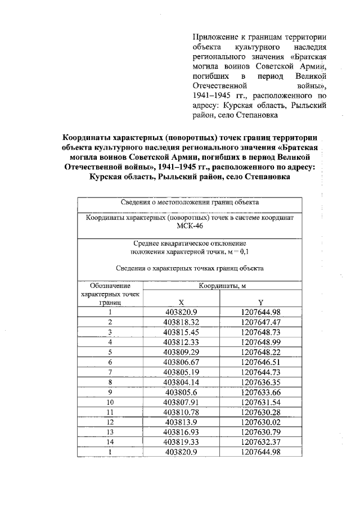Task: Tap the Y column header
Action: click(260, 301)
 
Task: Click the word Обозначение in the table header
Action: click(110, 286)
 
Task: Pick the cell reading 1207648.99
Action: click(260, 342)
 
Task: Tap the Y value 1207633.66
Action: click(260, 392)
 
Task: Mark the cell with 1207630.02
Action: click(260, 422)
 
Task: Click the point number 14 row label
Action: click(110, 442)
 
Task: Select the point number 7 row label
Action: click(110, 372)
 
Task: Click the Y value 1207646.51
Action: click(260, 362)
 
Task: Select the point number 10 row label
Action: click(110, 402)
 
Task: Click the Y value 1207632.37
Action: click(260, 442)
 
